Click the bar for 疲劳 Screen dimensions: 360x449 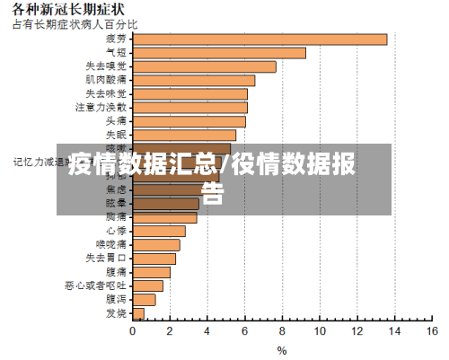pyautogui.click(x=260, y=39)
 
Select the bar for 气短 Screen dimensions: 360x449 pyautogui.click(x=219, y=52)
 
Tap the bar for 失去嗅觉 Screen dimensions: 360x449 pyautogui.click(x=204, y=66)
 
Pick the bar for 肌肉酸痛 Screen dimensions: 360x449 pyautogui.click(x=193, y=80)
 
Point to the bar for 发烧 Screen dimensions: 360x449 pyautogui.click(x=138, y=313)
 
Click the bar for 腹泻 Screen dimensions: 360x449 pyautogui.click(x=144, y=299)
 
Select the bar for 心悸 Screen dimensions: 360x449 pyautogui.click(x=159, y=231)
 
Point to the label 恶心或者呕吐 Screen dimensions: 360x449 pyautogui.click(x=95, y=285)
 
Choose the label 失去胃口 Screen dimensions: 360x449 pyautogui.click(x=106, y=259)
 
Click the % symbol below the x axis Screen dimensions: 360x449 pyautogui.click(x=282, y=351)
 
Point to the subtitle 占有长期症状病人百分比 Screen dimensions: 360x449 pyautogui.click(x=75, y=23)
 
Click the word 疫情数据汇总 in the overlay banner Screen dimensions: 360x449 pyautogui.click(x=143, y=164)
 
